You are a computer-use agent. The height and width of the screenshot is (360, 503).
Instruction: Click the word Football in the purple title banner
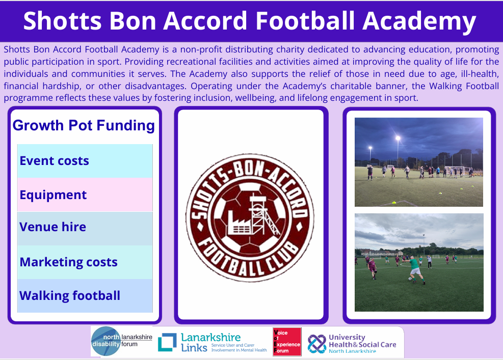pyautogui.click(x=305, y=21)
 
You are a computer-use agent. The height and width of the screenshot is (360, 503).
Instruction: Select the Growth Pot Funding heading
pyautogui.click(x=84, y=125)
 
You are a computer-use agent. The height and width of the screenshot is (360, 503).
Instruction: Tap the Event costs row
pyautogui.click(x=85, y=161)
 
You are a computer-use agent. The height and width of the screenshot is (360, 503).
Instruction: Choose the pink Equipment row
pyautogui.click(x=85, y=195)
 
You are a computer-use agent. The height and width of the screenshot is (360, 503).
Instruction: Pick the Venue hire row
pyautogui.click(x=85, y=229)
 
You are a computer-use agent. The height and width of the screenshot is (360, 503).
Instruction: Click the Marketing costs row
pyautogui.click(x=85, y=262)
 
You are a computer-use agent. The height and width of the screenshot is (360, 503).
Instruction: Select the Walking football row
pyautogui.click(x=85, y=295)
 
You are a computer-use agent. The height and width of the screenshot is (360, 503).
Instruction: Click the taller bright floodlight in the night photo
pyautogui.click(x=398, y=139)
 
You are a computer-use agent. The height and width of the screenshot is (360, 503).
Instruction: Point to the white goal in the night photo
pyautogui.click(x=457, y=171)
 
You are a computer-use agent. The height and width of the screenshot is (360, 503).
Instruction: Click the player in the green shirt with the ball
pyautogui.click(x=415, y=270)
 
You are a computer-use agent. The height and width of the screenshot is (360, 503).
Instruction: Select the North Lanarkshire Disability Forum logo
pyautogui.click(x=121, y=341)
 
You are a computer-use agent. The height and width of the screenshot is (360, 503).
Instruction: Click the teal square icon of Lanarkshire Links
pyautogui.click(x=167, y=342)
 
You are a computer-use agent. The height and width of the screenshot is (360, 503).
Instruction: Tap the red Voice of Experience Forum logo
pyautogui.click(x=287, y=342)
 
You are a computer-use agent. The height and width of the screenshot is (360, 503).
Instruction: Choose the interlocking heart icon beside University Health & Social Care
pyautogui.click(x=316, y=344)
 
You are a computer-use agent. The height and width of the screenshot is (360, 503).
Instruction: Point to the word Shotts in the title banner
pyautogui.click(x=63, y=21)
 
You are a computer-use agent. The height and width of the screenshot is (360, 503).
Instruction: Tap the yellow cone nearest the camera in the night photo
pyautogui.click(x=394, y=202)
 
